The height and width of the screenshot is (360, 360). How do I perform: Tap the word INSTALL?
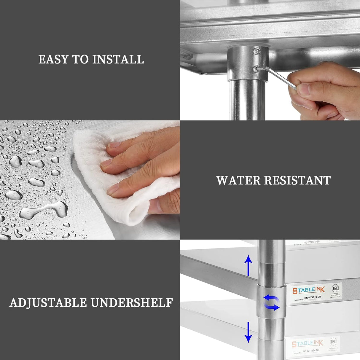click(118, 59)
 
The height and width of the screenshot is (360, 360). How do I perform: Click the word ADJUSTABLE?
click(48, 303)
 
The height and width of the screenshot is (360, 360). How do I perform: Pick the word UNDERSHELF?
click(132, 303)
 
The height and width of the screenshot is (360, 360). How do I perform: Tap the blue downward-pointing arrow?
click(248, 332)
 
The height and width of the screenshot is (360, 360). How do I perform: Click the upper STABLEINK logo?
click(309, 290)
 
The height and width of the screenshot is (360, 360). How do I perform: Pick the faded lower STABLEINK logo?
click(307, 343)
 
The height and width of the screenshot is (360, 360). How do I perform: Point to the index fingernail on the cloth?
click(113, 145)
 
